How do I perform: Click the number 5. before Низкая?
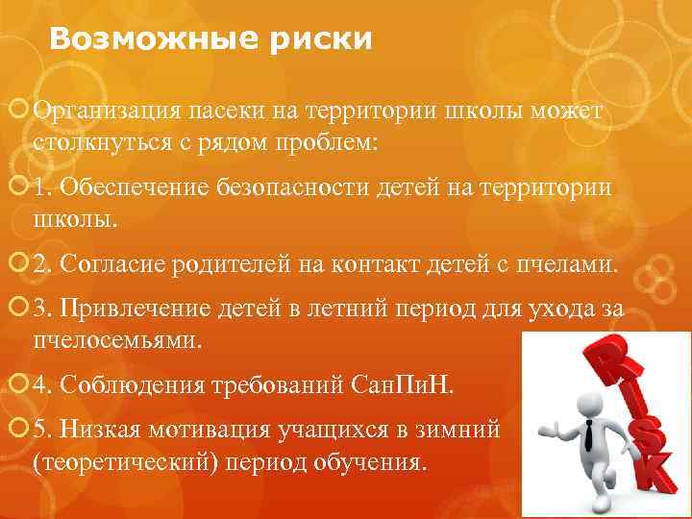point(41,432)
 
